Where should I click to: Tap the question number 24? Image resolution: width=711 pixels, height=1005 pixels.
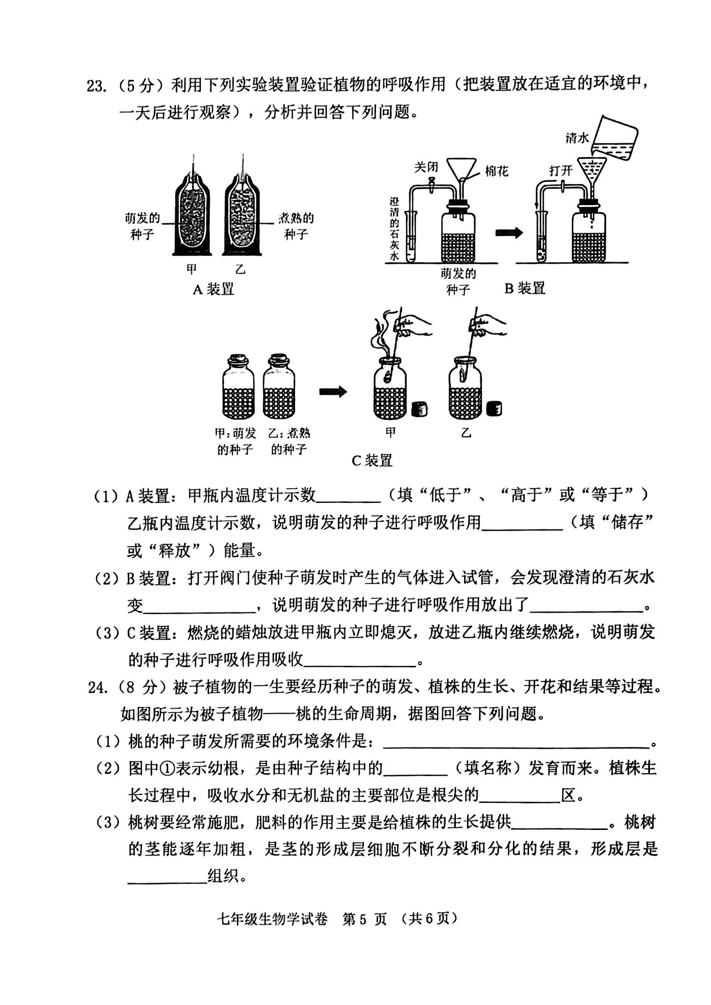[x=98, y=687]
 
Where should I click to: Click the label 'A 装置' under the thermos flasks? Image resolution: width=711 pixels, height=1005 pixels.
[x=214, y=290]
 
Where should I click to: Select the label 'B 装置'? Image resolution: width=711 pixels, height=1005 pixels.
[x=524, y=289]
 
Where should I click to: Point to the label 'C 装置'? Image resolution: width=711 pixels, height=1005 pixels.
[x=372, y=461]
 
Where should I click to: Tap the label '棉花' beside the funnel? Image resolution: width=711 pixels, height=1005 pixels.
[x=496, y=171]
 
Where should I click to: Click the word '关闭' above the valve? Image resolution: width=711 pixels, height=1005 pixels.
[x=426, y=167]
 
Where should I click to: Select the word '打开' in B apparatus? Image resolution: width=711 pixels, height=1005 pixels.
[x=560, y=170]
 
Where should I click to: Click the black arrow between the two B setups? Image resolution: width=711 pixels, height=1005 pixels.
[x=509, y=233]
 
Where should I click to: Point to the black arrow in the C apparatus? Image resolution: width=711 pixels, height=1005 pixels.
[x=333, y=392]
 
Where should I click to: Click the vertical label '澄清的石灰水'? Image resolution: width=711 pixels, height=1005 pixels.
[x=395, y=228]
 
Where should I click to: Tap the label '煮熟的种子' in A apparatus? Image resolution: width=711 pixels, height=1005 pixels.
[x=296, y=226]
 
